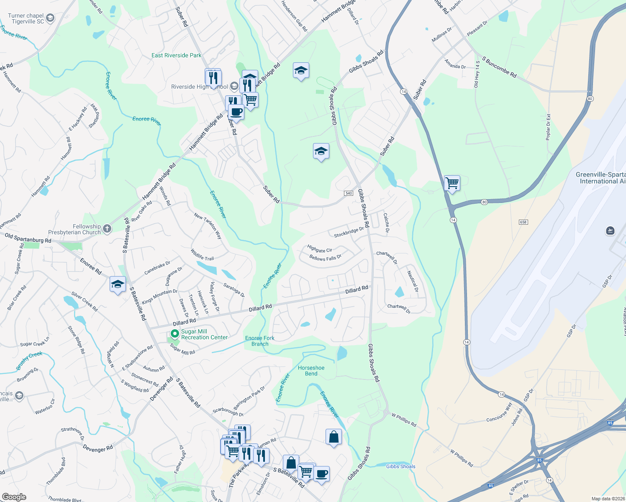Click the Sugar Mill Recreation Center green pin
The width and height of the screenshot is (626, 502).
pos(175,334)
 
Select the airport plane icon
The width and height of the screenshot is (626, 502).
pos(610,231)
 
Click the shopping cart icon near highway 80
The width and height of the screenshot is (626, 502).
pos(452,183)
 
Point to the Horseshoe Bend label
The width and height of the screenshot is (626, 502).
pos(311,371)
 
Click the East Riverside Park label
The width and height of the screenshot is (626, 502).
pos(176,55)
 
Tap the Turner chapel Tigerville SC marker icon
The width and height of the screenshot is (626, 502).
pos(50,18)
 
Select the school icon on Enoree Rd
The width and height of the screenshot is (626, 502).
pos(118,284)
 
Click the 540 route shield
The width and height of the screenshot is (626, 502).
pos(349,193)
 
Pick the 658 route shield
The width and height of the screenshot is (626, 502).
pos(523,222)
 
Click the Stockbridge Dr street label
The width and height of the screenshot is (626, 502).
pos(349,232)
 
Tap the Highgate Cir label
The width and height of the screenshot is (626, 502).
pos(319,249)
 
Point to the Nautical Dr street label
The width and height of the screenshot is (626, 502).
pos(413,281)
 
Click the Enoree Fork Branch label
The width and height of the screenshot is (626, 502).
pos(260,341)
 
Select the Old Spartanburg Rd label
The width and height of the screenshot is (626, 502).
pos(28,238)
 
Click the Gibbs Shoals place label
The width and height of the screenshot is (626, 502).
pos(400,466)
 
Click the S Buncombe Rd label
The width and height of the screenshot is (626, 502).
pos(499,67)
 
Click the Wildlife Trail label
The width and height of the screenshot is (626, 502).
pos(203,255)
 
